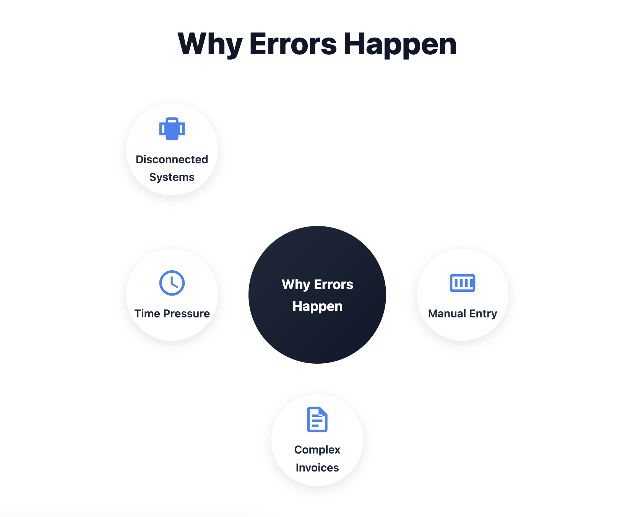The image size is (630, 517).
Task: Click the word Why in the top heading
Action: pyautogui.click(x=210, y=45)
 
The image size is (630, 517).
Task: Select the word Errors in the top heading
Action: pyautogui.click(x=293, y=44)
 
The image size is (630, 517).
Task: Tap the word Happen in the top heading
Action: pyautogui.click(x=400, y=45)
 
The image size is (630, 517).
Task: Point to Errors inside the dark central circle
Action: pyautogui.click(x=333, y=285)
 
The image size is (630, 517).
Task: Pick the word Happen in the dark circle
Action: pyautogui.click(x=317, y=307)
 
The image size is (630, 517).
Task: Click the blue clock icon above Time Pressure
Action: pyautogui.click(x=172, y=283)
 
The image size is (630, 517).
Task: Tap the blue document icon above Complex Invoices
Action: pyautogui.click(x=317, y=419)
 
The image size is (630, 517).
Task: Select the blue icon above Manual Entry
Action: pyautogui.click(x=463, y=283)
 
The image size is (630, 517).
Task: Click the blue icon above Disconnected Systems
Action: pyautogui.click(x=172, y=129)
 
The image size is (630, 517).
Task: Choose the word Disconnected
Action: pyautogui.click(x=172, y=159)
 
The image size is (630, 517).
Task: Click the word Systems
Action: pyautogui.click(x=172, y=177)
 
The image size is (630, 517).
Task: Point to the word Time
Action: pyautogui.click(x=147, y=314)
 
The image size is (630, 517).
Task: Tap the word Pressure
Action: pyautogui.click(x=187, y=314)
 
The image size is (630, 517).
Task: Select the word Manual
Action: pyautogui.click(x=447, y=314)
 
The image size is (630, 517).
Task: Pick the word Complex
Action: pyautogui.click(x=317, y=450)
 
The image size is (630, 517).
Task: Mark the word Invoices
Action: pyautogui.click(x=317, y=468)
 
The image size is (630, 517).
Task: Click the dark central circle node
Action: pyautogui.click(x=317, y=295)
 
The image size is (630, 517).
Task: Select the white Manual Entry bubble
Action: pyautogui.click(x=463, y=295)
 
